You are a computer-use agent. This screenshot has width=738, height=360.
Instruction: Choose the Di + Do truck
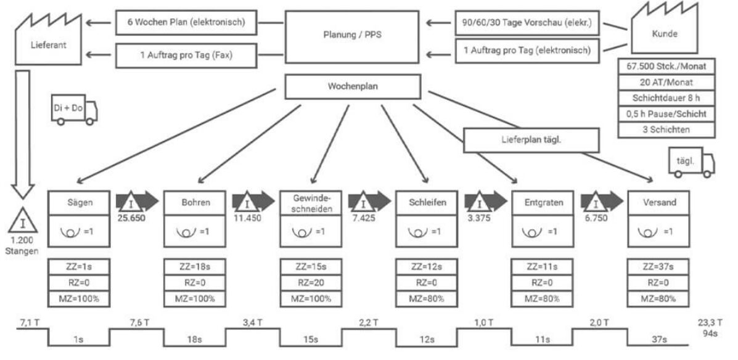point(75,112)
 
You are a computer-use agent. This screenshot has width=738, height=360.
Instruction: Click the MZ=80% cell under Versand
point(657,299)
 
